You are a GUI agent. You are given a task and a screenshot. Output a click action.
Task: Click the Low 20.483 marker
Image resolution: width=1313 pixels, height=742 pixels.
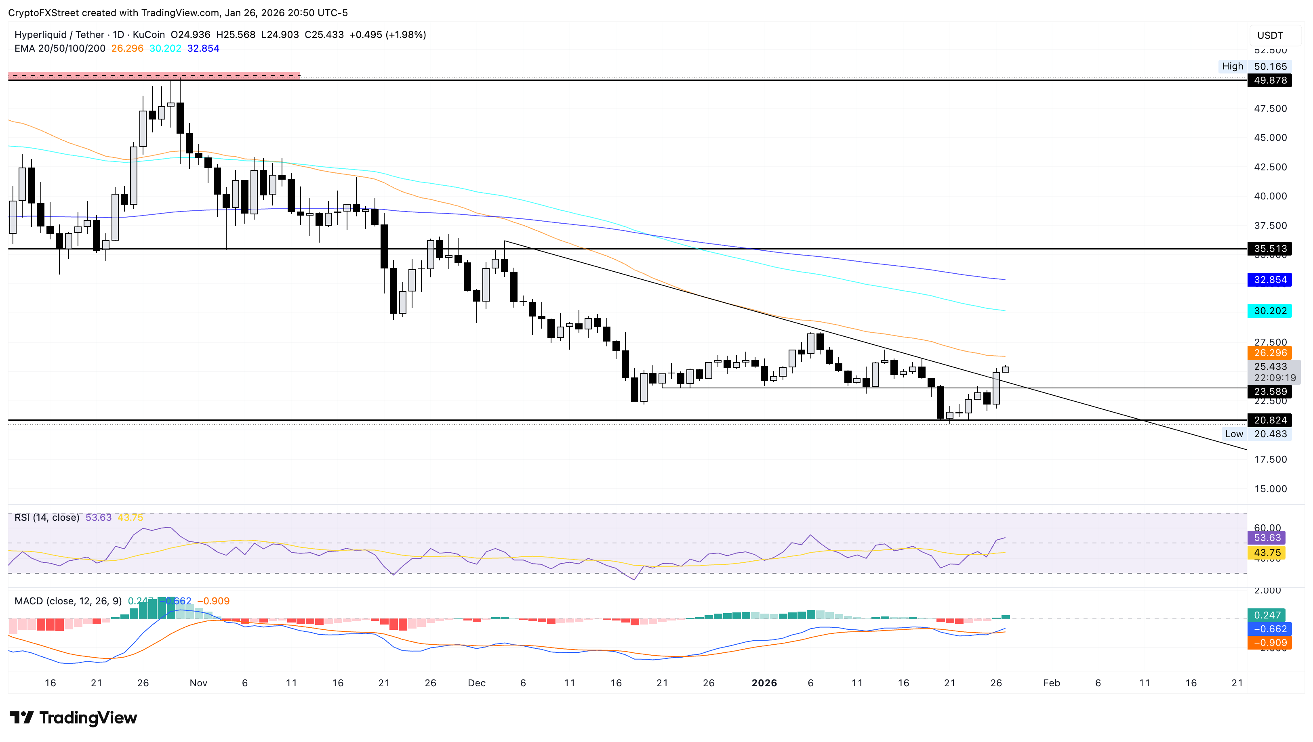point(1256,434)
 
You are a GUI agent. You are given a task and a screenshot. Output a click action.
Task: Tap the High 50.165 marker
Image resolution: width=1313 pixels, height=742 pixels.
point(1256,66)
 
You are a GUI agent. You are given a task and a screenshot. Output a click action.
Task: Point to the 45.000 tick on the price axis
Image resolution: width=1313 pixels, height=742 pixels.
point(1270,138)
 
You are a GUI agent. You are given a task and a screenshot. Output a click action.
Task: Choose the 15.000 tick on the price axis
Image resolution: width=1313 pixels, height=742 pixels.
point(1270,489)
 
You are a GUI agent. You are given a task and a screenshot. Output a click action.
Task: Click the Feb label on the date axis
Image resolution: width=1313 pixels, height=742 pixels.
point(1052,683)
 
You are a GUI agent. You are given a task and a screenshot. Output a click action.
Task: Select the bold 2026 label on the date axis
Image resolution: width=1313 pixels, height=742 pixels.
point(764,683)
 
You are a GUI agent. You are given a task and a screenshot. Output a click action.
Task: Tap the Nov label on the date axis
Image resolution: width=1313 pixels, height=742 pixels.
point(198,683)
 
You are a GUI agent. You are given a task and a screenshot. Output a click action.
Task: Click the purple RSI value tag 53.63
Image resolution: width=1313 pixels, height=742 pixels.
point(1267,538)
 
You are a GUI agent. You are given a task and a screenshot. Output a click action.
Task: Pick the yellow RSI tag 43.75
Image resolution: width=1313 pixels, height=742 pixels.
point(1267,553)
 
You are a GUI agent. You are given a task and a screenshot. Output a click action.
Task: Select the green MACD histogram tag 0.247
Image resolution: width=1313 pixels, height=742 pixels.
point(1267,615)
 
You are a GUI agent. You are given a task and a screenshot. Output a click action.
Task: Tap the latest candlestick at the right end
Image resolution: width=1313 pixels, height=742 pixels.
point(1005,369)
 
